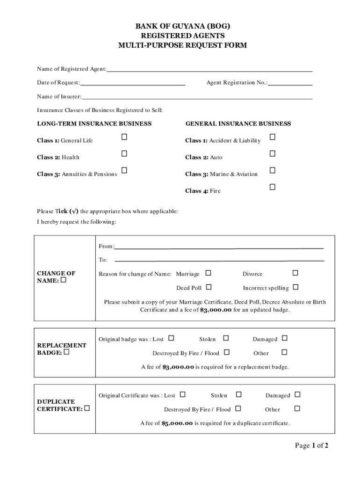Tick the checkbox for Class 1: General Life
[x=124, y=137]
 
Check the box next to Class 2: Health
[x=124, y=154]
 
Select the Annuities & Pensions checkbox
[x=124, y=170]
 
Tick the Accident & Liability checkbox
[x=272, y=137]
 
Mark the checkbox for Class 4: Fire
[x=272, y=187]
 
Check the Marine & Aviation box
[x=272, y=170]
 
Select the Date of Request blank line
[x=133, y=84]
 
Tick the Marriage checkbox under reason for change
[x=209, y=273]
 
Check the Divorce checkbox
[x=295, y=273]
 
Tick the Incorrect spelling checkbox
[x=295, y=287]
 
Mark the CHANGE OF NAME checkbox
[x=64, y=281]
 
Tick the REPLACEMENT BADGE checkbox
[x=66, y=352]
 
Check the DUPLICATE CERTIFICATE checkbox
[x=87, y=408]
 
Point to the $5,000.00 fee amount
[x=177, y=423]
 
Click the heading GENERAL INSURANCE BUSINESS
[x=238, y=124]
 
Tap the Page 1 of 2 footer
[x=311, y=446]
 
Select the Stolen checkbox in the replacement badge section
[x=226, y=338]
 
